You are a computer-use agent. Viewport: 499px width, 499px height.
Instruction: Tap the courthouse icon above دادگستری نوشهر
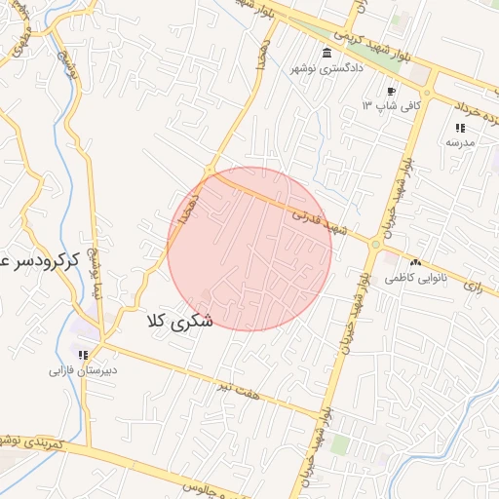pos(325,53)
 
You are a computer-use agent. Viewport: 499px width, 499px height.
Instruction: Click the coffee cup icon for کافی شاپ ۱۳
pos(391,91)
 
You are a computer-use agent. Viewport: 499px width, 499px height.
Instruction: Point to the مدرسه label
pos(459,142)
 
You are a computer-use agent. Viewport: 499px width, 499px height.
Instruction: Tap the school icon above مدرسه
pos(460,128)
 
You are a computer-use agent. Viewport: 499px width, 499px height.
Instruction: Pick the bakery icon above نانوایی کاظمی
pos(416,263)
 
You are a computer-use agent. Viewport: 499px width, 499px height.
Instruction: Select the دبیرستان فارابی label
pos(84,370)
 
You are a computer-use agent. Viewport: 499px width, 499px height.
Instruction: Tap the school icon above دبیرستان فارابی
pos(84,355)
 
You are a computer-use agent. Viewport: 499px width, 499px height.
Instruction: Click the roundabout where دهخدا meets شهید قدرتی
pos(208,171)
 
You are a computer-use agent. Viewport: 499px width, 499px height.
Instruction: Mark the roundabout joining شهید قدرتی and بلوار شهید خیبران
pos(375,244)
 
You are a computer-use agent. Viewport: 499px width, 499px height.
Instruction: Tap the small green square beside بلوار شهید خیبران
pos(339,444)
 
